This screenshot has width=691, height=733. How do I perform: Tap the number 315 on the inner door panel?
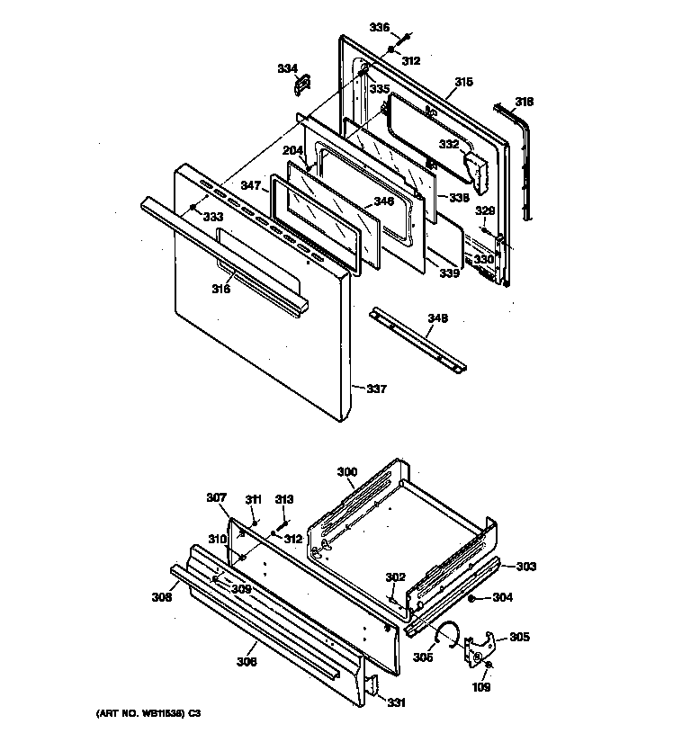pyautogui.click(x=463, y=82)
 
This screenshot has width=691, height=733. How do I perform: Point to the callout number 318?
pyautogui.click(x=524, y=102)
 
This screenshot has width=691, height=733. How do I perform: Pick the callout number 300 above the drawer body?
pyautogui.click(x=346, y=471)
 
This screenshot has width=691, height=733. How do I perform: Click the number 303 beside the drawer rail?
pyautogui.click(x=525, y=567)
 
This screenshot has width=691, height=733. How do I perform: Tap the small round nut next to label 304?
pyautogui.click(x=472, y=598)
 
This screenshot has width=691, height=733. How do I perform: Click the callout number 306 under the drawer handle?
pyautogui.click(x=247, y=662)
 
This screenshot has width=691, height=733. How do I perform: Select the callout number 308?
pyautogui.click(x=162, y=595)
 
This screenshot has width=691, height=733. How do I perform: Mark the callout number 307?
pyautogui.click(x=217, y=497)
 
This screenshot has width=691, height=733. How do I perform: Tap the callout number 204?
pyautogui.click(x=293, y=151)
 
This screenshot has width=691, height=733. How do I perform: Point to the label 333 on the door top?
pyautogui.click(x=212, y=217)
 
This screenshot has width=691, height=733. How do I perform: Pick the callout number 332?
pyautogui.click(x=449, y=144)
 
